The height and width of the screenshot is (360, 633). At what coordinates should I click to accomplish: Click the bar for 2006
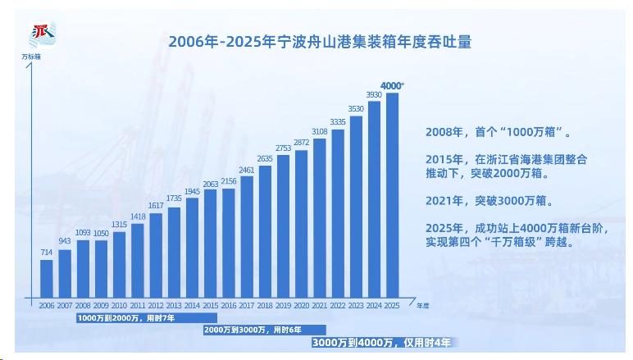click(x=47, y=278)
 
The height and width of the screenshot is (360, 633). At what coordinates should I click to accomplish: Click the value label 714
click(x=47, y=253)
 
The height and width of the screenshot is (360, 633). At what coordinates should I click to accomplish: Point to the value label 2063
click(x=211, y=185)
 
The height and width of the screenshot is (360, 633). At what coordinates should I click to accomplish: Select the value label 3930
click(x=374, y=95)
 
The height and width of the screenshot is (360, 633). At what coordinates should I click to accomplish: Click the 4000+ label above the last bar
click(x=393, y=85)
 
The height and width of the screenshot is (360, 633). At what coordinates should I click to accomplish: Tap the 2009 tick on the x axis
click(x=101, y=305)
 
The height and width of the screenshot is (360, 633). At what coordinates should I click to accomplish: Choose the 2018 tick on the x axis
click(x=265, y=305)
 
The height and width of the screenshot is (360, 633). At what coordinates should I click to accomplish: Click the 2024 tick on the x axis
click(x=374, y=305)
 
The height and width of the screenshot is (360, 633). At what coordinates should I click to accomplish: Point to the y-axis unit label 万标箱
click(x=31, y=57)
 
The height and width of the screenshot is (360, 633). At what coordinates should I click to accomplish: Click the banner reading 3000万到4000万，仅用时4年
click(x=381, y=342)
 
